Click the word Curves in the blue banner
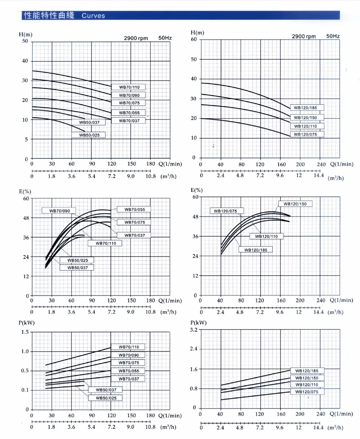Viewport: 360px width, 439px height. click(93, 16)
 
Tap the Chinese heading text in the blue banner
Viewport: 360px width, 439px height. click(48, 16)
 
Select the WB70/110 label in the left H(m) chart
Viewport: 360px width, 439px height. click(129, 87)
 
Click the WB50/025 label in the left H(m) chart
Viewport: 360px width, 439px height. click(88, 135)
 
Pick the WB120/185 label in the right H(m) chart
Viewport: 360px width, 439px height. click(305, 108)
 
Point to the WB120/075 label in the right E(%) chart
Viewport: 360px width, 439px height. click(225, 211)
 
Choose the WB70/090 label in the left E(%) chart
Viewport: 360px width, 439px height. click(59, 211)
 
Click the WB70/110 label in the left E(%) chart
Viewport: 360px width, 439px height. click(105, 243)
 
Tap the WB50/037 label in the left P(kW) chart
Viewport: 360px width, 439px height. click(106, 390)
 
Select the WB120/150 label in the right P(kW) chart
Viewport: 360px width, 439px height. click(307, 378)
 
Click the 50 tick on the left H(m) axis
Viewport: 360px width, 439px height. click(25, 41)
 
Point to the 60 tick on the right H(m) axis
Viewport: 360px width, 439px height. click(193, 39)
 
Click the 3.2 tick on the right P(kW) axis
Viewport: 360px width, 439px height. click(193, 330)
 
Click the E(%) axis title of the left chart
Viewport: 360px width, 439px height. click(25, 192)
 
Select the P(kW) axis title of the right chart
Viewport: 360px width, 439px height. click(198, 322)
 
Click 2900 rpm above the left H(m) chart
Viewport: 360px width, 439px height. click(136, 38)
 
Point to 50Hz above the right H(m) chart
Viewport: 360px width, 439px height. click(333, 36)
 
